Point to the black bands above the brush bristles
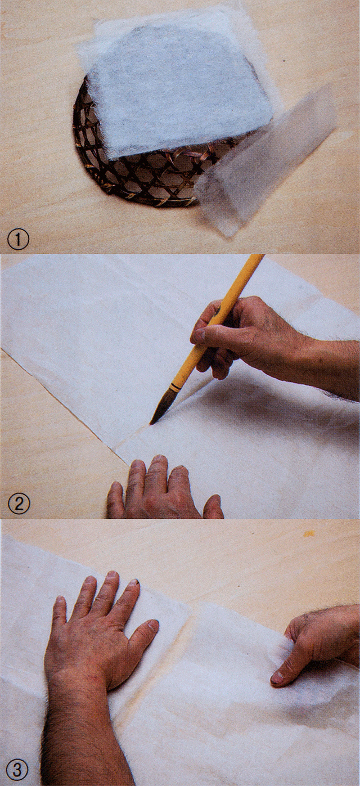pyautogui.click(x=173, y=387)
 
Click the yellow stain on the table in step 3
pyautogui.click(x=309, y=534)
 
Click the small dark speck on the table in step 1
pyautogui.click(x=283, y=61)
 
